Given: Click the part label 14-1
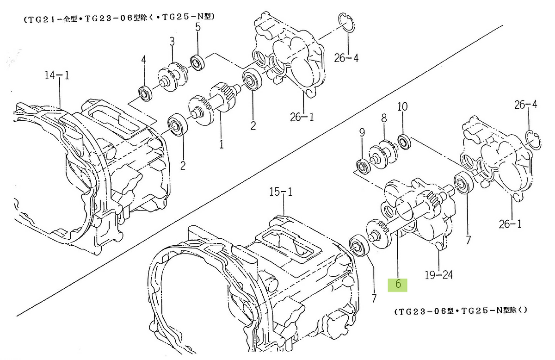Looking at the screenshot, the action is (57, 75).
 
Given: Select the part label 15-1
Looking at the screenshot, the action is (281, 192).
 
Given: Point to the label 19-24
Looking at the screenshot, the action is (438, 275).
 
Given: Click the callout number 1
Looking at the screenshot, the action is (221, 144).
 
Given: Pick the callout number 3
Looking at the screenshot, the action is (172, 41).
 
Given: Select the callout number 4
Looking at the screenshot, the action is (143, 60).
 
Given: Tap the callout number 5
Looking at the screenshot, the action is (198, 27).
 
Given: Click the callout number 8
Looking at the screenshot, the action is (384, 118).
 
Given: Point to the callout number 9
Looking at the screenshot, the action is (362, 133).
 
